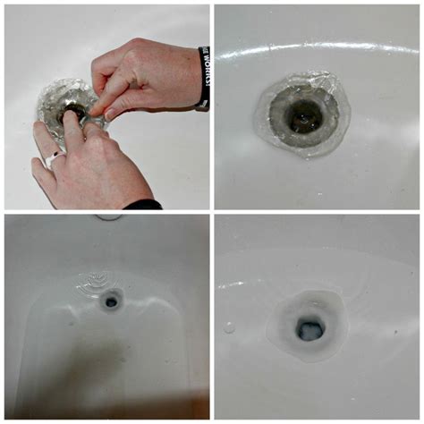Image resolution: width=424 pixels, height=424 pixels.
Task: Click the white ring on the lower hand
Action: click(x=54, y=158)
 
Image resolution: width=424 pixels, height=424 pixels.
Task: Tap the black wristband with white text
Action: click(x=204, y=78)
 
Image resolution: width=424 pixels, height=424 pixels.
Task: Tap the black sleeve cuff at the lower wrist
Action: click(x=143, y=205)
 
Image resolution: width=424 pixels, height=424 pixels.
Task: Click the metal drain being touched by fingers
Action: click(x=73, y=112)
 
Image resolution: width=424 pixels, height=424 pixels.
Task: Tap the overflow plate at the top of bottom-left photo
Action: click(x=109, y=216)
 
